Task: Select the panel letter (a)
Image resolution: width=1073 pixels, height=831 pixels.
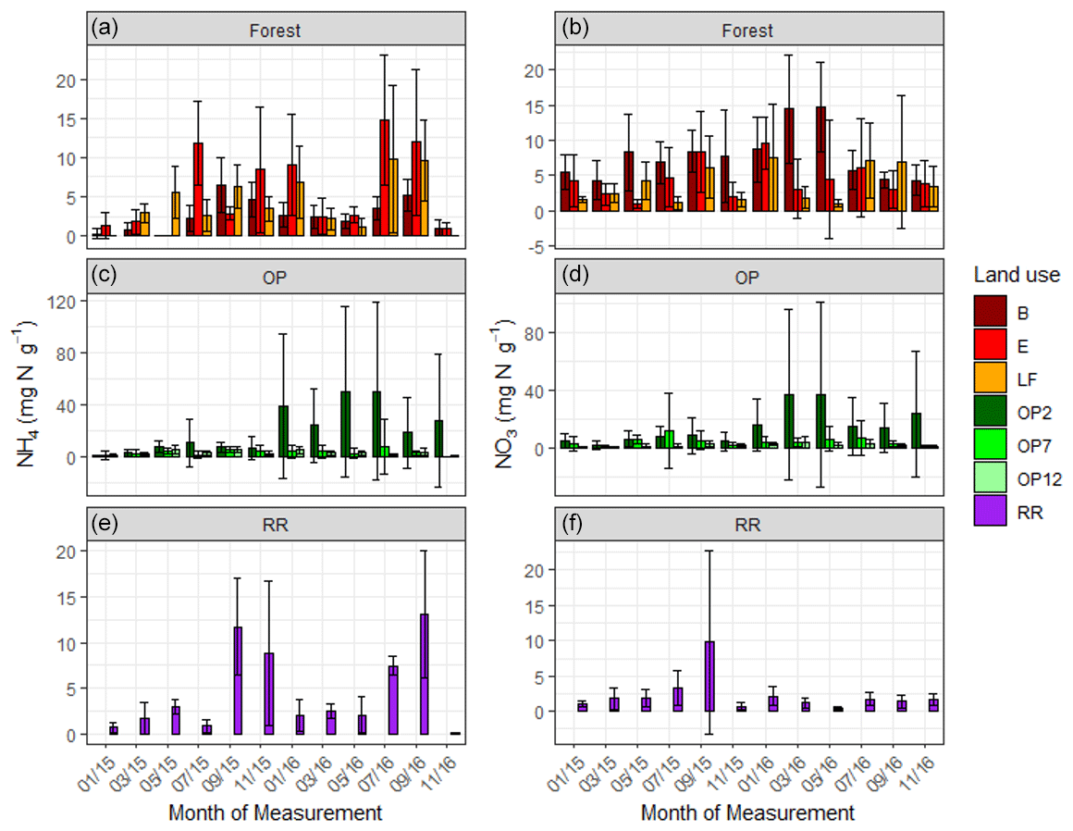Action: (105, 29)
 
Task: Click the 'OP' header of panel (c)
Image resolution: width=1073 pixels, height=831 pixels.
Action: (275, 278)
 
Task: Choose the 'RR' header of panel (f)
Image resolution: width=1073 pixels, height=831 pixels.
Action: (747, 526)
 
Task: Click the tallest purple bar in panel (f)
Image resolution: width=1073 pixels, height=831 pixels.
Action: (710, 676)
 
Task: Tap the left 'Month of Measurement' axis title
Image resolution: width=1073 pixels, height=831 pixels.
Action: (275, 813)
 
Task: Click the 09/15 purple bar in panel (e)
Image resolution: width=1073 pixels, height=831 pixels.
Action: (237, 680)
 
